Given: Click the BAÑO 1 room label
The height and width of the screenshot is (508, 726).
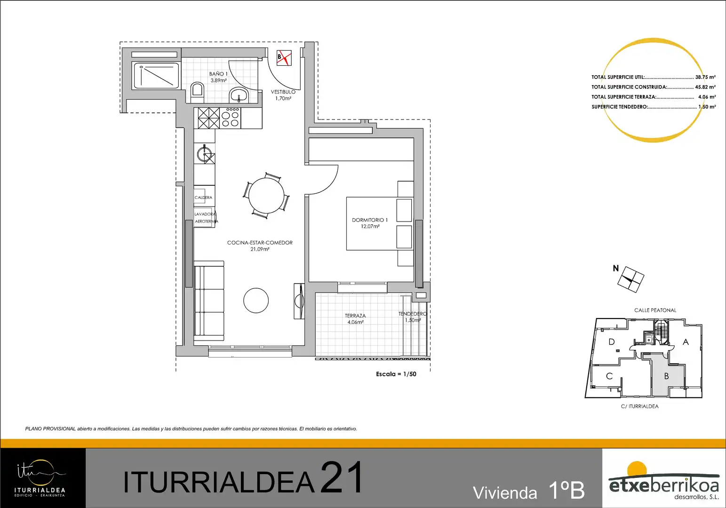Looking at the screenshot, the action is [x=218, y=74].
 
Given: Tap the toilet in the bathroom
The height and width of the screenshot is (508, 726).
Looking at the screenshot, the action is [x=197, y=92].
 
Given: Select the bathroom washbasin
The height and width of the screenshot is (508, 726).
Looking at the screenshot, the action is [x=239, y=95].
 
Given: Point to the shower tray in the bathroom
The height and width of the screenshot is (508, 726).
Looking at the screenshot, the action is [x=156, y=75].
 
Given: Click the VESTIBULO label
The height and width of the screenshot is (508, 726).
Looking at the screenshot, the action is [x=283, y=92].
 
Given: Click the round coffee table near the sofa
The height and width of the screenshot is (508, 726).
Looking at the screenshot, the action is [x=256, y=300].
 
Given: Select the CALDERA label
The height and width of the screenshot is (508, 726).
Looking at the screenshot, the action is [x=203, y=197].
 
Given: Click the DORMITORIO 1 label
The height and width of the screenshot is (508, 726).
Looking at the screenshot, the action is [x=370, y=220].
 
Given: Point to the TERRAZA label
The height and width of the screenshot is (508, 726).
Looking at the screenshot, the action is [x=355, y=316].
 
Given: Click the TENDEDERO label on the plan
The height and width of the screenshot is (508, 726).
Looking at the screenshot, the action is [x=413, y=314].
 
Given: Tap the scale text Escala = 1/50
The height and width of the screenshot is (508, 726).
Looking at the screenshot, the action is [x=396, y=374].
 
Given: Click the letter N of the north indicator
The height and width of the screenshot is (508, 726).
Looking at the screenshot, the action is [x=616, y=268].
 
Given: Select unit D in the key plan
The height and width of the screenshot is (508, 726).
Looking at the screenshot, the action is [x=612, y=342].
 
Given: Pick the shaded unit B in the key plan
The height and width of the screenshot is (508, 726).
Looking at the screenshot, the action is [x=666, y=376].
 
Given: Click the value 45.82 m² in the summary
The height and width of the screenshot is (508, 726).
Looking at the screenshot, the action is [x=705, y=87].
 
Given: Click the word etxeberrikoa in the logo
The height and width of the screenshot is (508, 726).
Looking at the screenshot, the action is [x=663, y=485].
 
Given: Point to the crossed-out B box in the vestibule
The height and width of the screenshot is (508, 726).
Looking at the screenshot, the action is [x=284, y=58].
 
